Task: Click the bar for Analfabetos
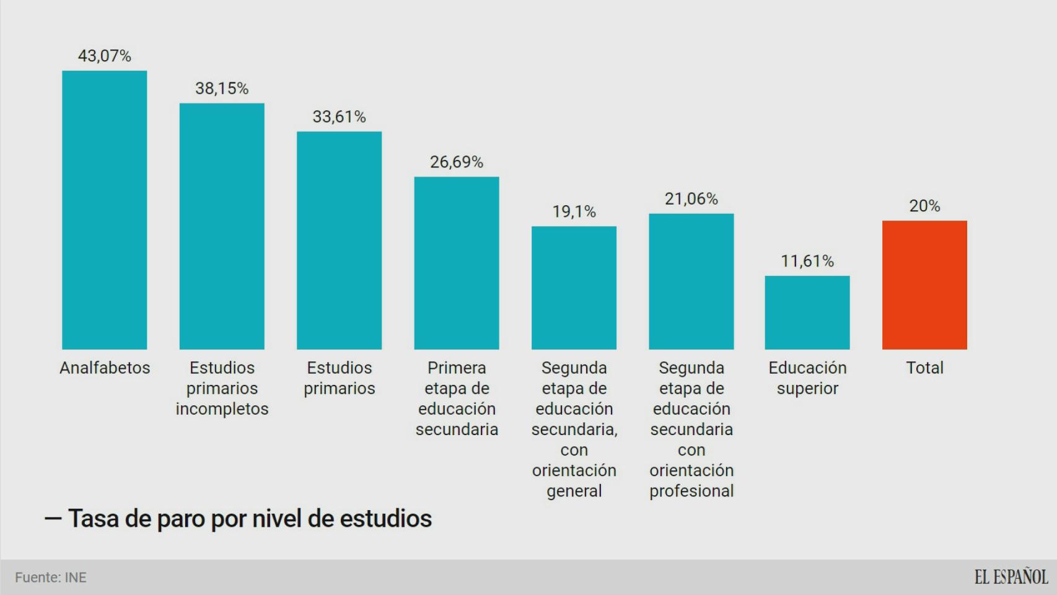pyautogui.click(x=104, y=210)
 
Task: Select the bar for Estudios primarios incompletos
pyautogui.click(x=222, y=226)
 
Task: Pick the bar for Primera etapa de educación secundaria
pyautogui.click(x=457, y=263)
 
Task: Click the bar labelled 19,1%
pyautogui.click(x=574, y=288)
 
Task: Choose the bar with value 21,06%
pyautogui.click(x=691, y=281)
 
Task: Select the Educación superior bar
pyautogui.click(x=807, y=312)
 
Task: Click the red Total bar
pyautogui.click(x=924, y=285)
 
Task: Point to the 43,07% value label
pyautogui.click(x=104, y=56)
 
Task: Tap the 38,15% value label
pyautogui.click(x=222, y=89)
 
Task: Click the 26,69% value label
pyautogui.click(x=457, y=162)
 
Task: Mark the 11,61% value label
pyautogui.click(x=807, y=261)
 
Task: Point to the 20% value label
pyautogui.click(x=924, y=206)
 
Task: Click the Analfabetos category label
pyautogui.click(x=105, y=368)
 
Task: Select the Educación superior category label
pyautogui.click(x=807, y=378)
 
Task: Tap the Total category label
pyautogui.click(x=924, y=368)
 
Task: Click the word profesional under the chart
pyautogui.click(x=691, y=491)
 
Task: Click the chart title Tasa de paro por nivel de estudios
pyautogui.click(x=250, y=519)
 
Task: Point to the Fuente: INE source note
pyautogui.click(x=51, y=578)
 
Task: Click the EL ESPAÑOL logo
pyautogui.click(x=1011, y=577)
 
